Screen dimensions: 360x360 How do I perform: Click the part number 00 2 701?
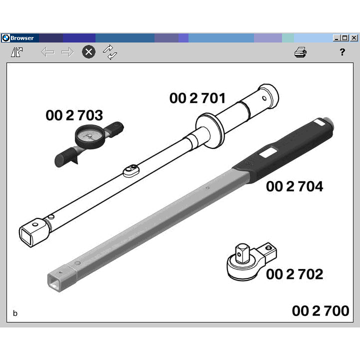[197, 98]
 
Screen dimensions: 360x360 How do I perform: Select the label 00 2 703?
[74, 115]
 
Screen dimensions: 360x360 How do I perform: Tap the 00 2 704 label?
[294, 186]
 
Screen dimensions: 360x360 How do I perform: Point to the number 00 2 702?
[294, 274]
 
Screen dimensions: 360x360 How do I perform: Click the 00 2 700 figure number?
[320, 311]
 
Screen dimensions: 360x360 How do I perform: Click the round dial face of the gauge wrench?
[89, 136]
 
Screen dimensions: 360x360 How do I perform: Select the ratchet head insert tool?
[251, 261]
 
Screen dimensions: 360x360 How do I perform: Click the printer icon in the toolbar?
[300, 52]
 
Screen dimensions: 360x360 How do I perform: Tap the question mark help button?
[342, 52]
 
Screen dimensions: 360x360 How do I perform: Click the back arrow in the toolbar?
[47, 52]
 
